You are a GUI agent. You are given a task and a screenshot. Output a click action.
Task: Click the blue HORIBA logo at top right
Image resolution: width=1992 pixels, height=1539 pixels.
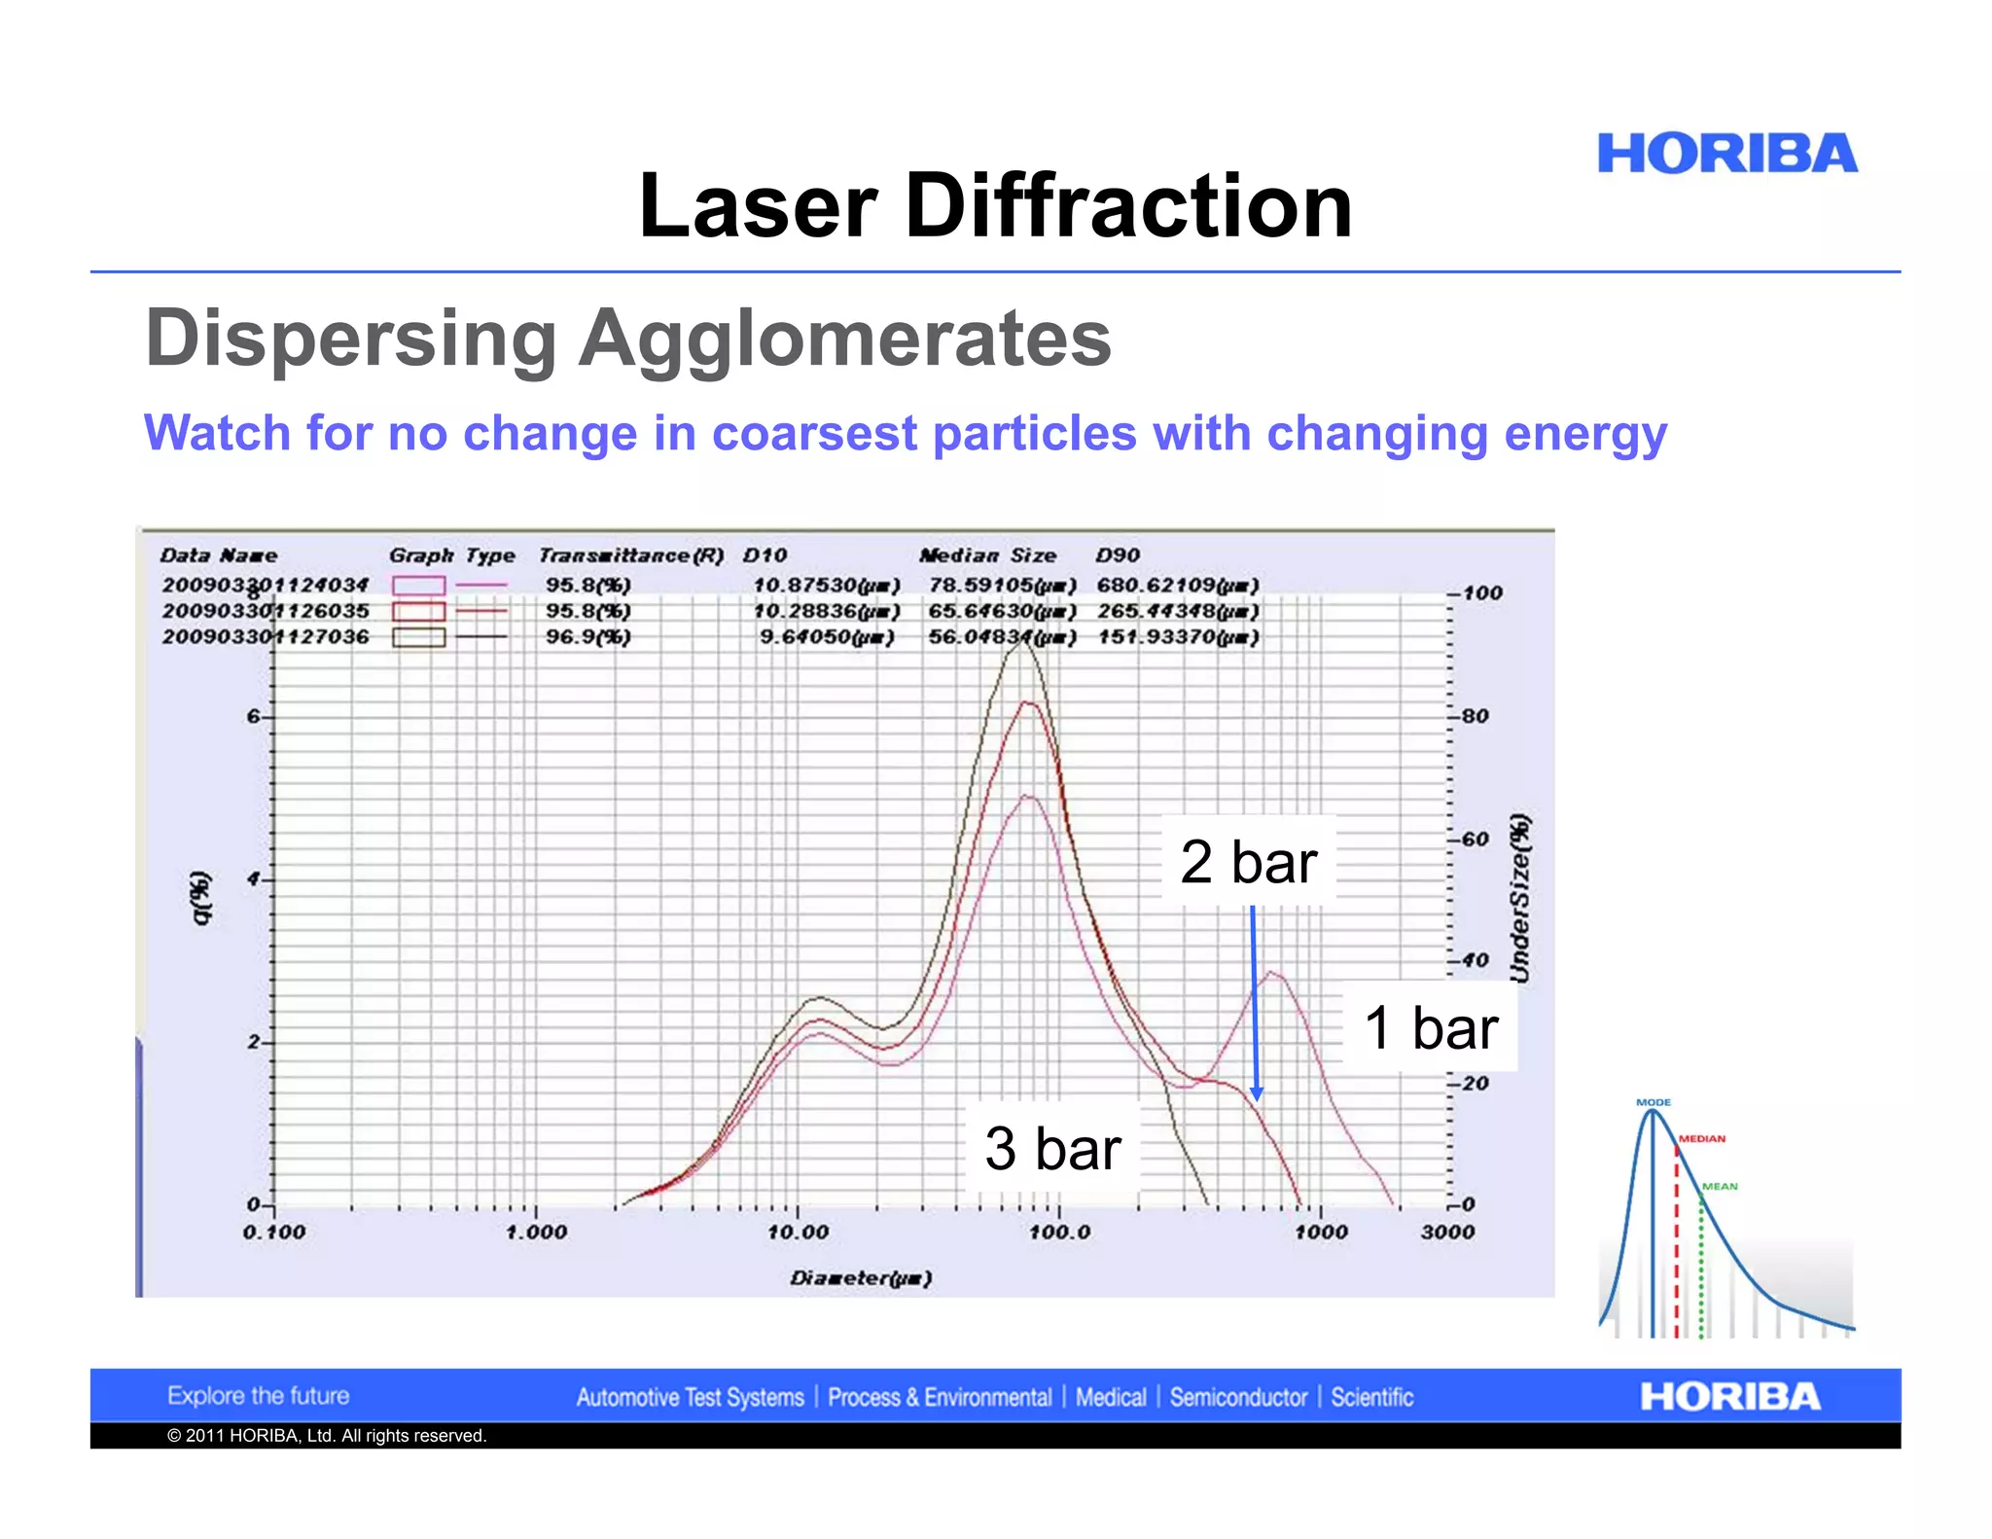pyautogui.click(x=1726, y=154)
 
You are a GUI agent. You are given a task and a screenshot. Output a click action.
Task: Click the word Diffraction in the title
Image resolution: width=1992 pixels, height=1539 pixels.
pyautogui.click(x=1128, y=205)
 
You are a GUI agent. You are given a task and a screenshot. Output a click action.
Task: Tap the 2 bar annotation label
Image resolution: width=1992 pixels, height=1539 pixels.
pyautogui.click(x=1249, y=862)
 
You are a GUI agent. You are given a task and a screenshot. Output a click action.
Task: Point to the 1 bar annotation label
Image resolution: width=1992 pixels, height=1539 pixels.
pyautogui.click(x=1431, y=1028)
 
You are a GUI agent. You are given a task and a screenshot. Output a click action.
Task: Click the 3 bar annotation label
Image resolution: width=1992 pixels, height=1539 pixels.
pyautogui.click(x=1052, y=1149)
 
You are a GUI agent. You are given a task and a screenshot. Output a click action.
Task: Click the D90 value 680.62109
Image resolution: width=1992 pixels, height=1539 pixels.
pyautogui.click(x=1178, y=585)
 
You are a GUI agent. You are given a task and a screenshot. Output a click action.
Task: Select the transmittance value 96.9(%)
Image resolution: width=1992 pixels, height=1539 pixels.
pyautogui.click(x=587, y=637)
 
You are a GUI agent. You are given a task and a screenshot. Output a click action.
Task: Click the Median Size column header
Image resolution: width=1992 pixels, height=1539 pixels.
pyautogui.click(x=987, y=555)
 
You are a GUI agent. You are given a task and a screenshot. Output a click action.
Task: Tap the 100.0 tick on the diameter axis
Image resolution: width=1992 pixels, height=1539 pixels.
pyautogui.click(x=1059, y=1233)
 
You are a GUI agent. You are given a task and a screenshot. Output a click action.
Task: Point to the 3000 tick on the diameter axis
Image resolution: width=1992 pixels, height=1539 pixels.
pyautogui.click(x=1447, y=1233)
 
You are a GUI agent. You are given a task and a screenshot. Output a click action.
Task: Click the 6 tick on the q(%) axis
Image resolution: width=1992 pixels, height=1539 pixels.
pyautogui.click(x=253, y=717)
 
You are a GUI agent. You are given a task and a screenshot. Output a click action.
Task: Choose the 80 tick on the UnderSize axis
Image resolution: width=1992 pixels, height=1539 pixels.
pyautogui.click(x=1475, y=717)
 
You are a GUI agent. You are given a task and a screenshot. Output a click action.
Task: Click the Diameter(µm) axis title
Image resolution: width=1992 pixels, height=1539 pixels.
pyautogui.click(x=861, y=1278)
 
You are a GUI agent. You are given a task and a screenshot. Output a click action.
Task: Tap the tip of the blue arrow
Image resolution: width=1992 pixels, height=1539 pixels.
pyautogui.click(x=1257, y=1099)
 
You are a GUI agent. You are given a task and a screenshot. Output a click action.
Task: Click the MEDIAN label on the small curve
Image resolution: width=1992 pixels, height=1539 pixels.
pyautogui.click(x=1702, y=1138)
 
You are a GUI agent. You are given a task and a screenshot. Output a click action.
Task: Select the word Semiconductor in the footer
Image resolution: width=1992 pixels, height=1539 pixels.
pyautogui.click(x=1238, y=1398)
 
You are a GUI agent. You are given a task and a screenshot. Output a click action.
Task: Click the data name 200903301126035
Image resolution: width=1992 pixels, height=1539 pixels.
pyautogui.click(x=266, y=611)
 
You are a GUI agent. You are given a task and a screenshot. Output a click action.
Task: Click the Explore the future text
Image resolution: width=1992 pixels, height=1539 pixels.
pyautogui.click(x=258, y=1396)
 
